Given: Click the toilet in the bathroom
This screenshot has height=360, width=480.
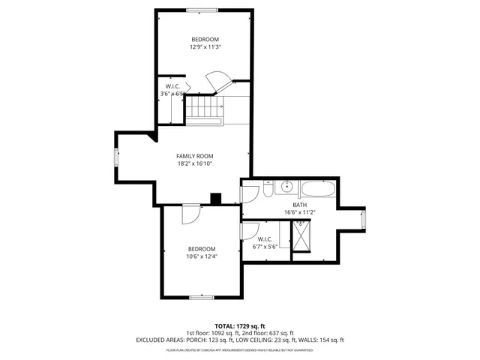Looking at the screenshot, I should [267, 192].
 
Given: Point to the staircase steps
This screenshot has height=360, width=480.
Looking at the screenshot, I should [202, 109].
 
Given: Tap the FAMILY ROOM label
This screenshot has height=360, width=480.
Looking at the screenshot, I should [195, 156].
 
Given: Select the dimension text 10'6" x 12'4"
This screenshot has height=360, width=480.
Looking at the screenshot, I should [201, 257].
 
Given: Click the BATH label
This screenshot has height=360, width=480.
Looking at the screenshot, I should [300, 205].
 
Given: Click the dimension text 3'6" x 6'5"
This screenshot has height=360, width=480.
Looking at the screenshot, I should [172, 94].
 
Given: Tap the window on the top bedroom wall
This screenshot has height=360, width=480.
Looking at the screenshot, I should [202, 10].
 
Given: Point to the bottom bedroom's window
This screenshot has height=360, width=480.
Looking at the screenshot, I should [201, 297].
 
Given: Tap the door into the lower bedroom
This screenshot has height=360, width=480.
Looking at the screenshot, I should [191, 214].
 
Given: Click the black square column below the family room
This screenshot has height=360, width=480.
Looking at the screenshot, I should [216, 199].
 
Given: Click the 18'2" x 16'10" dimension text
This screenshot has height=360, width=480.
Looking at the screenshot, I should [195, 163].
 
